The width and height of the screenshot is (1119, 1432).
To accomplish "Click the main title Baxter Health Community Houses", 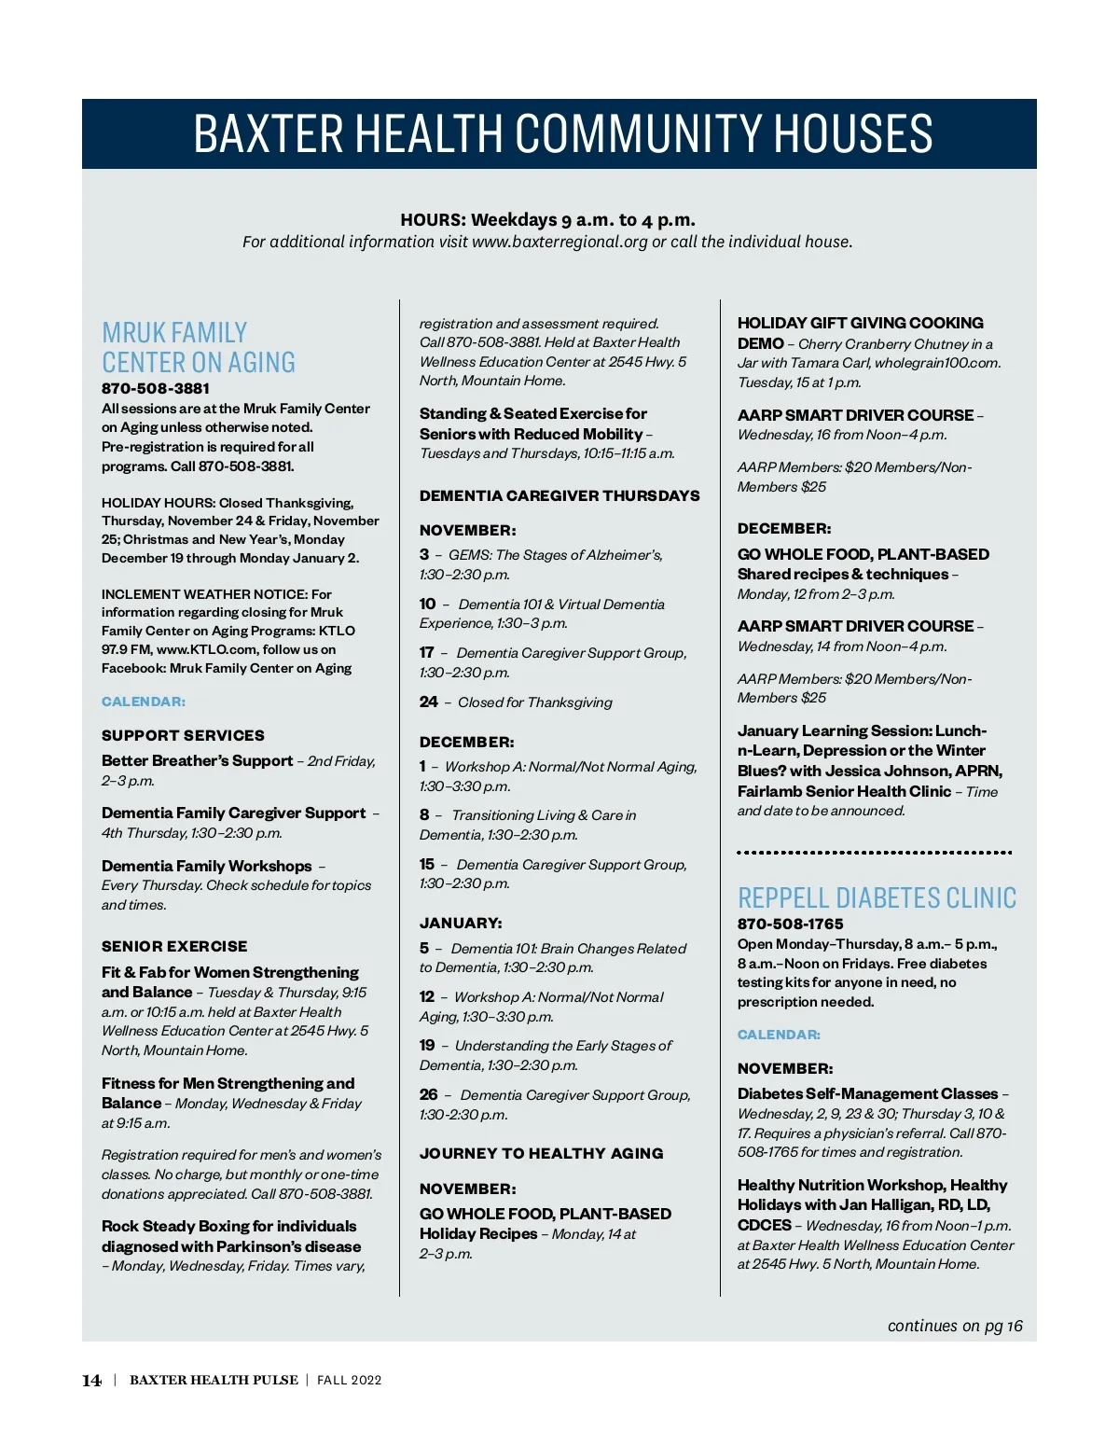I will [x=562, y=133].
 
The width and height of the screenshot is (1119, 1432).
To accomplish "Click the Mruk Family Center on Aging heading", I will [x=199, y=348].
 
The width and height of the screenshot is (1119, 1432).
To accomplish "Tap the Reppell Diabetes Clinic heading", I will [x=877, y=898].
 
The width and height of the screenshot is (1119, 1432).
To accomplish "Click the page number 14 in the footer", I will [x=91, y=1381].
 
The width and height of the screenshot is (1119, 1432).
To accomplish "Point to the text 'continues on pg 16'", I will [x=954, y=1326].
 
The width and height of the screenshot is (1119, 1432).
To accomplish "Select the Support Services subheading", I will [x=183, y=735].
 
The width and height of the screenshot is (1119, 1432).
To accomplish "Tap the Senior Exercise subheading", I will [x=174, y=946].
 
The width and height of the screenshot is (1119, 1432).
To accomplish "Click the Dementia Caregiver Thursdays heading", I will [x=559, y=495].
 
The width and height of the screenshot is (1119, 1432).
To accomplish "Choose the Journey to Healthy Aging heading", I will [x=541, y=1153].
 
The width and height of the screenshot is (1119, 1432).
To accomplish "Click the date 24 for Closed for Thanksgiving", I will [x=428, y=702].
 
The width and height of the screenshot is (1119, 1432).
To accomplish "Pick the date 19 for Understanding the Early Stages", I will [x=427, y=1045].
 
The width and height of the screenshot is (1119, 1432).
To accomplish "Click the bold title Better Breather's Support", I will [x=197, y=760].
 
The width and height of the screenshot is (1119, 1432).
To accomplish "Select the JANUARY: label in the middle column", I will [x=461, y=923].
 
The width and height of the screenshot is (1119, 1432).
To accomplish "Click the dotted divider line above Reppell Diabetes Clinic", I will [x=874, y=852].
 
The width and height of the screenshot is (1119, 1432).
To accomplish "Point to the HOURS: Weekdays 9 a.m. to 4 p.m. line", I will [x=547, y=220].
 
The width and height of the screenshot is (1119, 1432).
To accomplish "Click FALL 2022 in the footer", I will [x=350, y=1381].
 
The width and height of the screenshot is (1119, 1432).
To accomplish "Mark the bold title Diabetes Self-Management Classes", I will [x=867, y=1093].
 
